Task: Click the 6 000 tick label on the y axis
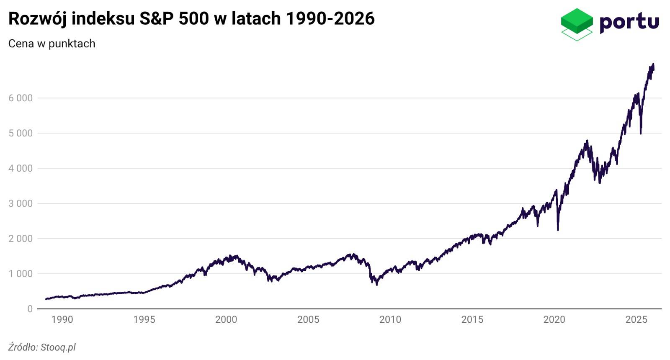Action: [x=21, y=98]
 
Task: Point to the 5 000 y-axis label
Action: [x=21, y=134]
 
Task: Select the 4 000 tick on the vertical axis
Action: [x=21, y=169]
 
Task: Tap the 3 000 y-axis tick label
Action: [x=21, y=204]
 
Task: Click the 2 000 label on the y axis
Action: [x=21, y=239]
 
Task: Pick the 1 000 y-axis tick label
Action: [x=21, y=274]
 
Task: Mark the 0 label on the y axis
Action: [x=30, y=309]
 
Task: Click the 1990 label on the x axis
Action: [x=62, y=320]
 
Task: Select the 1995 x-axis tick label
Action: [x=144, y=320]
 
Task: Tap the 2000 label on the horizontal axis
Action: [x=226, y=320]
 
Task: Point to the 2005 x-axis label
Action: [x=308, y=320]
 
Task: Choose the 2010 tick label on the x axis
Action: [x=390, y=320]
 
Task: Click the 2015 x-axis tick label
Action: [x=472, y=320]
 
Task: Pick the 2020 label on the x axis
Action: [x=554, y=320]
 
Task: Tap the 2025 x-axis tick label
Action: [x=636, y=320]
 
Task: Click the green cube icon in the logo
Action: [x=577, y=23]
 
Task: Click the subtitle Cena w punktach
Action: [x=52, y=44]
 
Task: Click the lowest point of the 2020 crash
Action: [x=558, y=230]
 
